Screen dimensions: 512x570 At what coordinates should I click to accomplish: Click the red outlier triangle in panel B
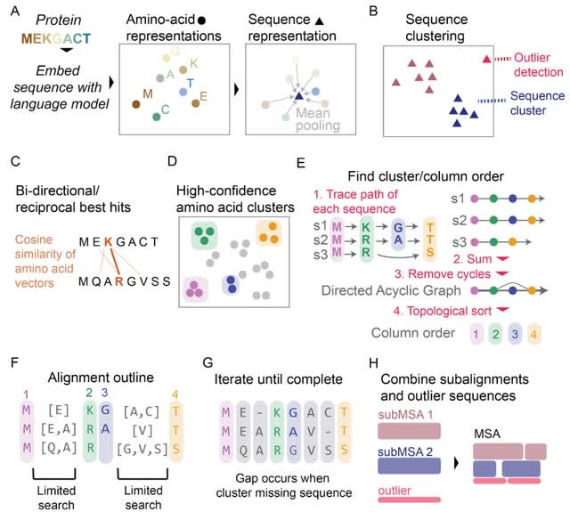(485, 59)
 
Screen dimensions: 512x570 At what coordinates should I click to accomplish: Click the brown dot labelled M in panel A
(135, 105)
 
